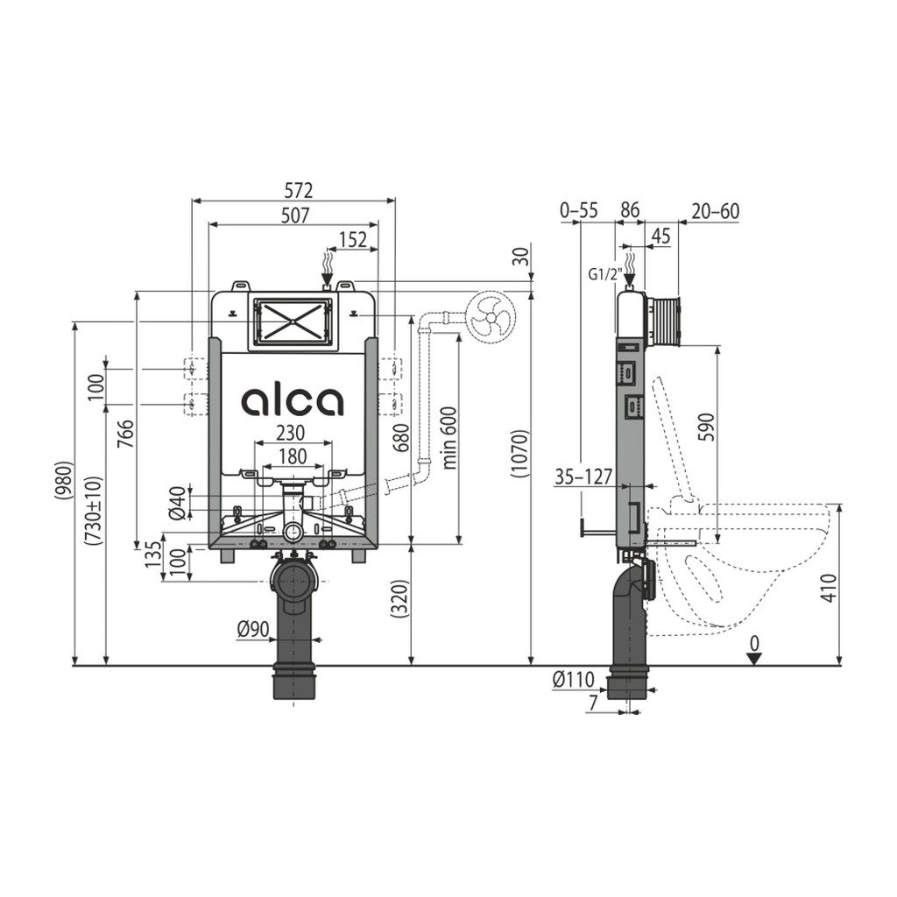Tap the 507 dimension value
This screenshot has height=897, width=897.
294,215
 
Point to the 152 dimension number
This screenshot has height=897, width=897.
353,240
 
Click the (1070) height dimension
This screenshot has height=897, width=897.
520,454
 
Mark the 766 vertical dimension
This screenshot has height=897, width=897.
126,436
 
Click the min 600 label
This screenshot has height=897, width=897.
448,438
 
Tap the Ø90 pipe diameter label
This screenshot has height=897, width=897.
253,630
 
